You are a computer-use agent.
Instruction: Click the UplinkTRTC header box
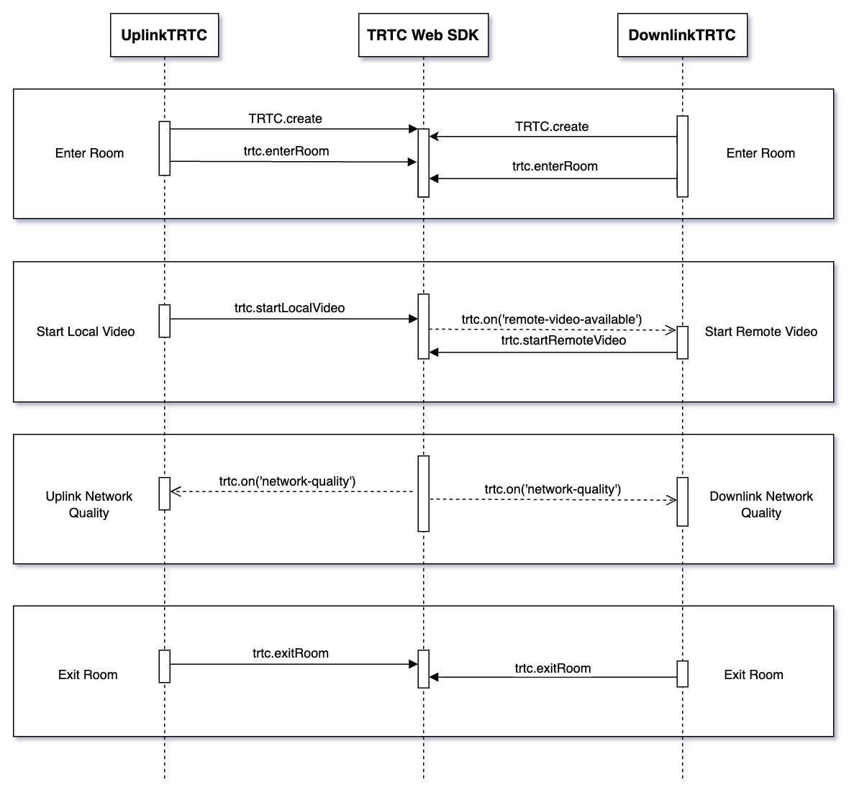[x=164, y=35]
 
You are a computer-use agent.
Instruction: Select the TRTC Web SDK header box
[x=423, y=35]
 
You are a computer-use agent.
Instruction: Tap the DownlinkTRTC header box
[x=682, y=35]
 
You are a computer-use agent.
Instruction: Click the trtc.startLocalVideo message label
[x=289, y=308]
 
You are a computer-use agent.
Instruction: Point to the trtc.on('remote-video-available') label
[x=551, y=319]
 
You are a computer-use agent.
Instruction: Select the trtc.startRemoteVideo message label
[x=563, y=340]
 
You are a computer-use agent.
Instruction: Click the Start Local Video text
[x=86, y=332]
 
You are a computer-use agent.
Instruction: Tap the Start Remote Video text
[x=760, y=332]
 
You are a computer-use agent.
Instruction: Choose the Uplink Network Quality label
[x=88, y=504]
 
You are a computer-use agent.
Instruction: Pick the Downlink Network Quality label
[x=760, y=504]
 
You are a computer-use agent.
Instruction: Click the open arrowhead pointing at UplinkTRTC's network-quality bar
[x=176, y=491]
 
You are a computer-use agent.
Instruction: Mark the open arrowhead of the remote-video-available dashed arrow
[x=670, y=330]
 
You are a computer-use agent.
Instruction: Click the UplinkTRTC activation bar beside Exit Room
[x=165, y=666]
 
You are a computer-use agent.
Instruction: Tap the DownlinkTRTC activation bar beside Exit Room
[x=683, y=674]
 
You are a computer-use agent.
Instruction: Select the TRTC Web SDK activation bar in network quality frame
[x=424, y=494]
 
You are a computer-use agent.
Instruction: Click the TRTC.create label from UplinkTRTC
[x=285, y=119]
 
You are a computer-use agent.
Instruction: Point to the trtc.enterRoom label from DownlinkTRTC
[x=555, y=166]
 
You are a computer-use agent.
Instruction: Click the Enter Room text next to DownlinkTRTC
[x=760, y=153]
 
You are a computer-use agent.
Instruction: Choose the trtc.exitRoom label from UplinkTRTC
[x=290, y=653]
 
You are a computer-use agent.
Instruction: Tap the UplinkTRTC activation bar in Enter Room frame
[x=165, y=148]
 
